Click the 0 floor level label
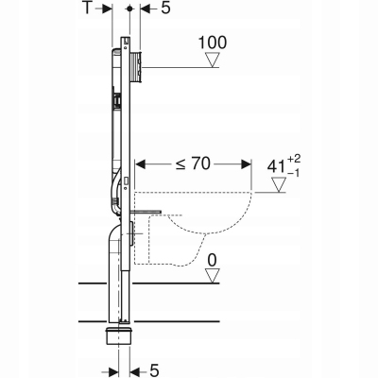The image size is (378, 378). click(x=214, y=259)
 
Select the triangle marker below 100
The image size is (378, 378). click(x=212, y=60)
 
